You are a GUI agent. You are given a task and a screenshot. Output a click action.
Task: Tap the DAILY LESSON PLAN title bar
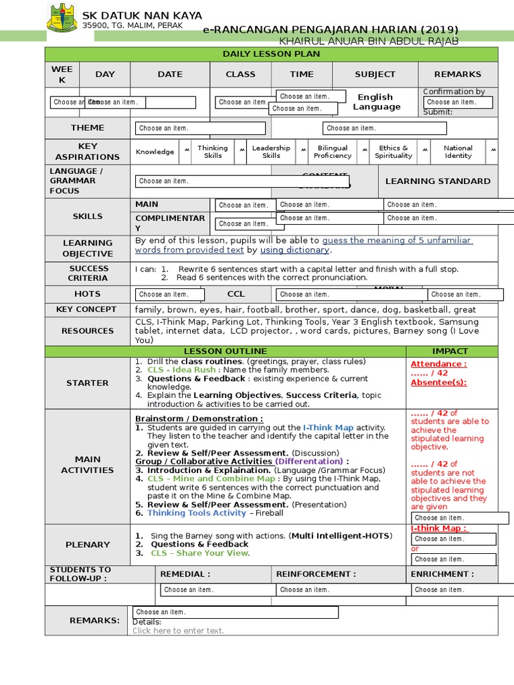tap(271, 54)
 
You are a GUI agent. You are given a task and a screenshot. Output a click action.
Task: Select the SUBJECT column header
tap(375, 74)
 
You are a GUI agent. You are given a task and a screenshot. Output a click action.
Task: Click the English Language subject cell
tap(376, 102)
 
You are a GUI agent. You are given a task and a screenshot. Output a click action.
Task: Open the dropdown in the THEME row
tap(200, 128)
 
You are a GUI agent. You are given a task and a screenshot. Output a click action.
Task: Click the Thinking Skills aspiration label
tap(212, 152)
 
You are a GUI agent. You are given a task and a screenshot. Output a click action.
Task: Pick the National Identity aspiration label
tap(458, 152)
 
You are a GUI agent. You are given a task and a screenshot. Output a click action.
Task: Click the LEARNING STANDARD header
tap(438, 181)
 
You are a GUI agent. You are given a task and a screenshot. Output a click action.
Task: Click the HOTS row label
tap(88, 294)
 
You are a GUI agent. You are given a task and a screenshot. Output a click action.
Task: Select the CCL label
tap(236, 294)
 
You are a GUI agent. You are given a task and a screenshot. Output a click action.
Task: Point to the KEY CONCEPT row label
tap(87, 310)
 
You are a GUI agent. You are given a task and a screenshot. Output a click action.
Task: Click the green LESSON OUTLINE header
tap(225, 351)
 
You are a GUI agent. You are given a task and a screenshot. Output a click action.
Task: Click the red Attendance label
tap(438, 364)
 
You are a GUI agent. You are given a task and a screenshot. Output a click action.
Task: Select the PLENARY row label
tap(88, 545)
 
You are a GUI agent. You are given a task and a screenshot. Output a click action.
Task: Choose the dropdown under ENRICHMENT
tap(451, 589)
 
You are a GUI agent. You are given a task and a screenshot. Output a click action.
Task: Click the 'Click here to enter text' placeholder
tap(178, 631)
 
